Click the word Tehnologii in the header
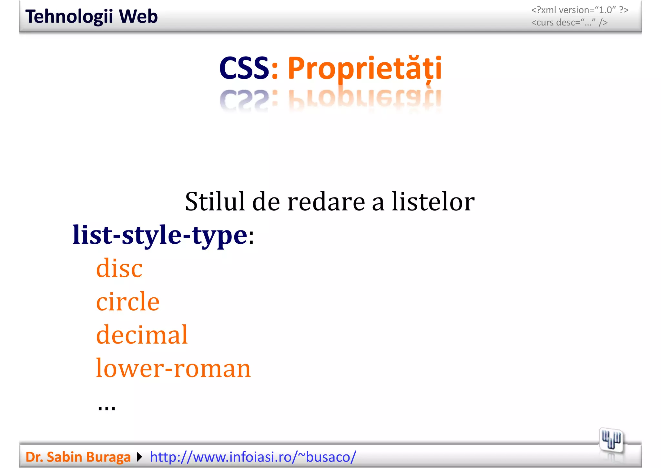click(x=69, y=17)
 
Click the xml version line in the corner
click(x=580, y=10)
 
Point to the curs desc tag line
click(x=569, y=23)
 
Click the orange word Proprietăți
click(x=364, y=69)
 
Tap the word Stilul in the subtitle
click(x=215, y=202)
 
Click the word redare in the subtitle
click(x=326, y=202)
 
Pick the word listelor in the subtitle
click(x=433, y=202)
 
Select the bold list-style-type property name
click(x=160, y=235)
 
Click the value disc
click(x=119, y=268)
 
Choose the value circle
click(x=128, y=301)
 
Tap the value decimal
click(x=142, y=335)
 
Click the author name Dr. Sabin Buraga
click(x=78, y=457)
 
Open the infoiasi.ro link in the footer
click(x=253, y=457)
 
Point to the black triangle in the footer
click(x=139, y=457)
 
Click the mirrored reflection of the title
click(x=330, y=100)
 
